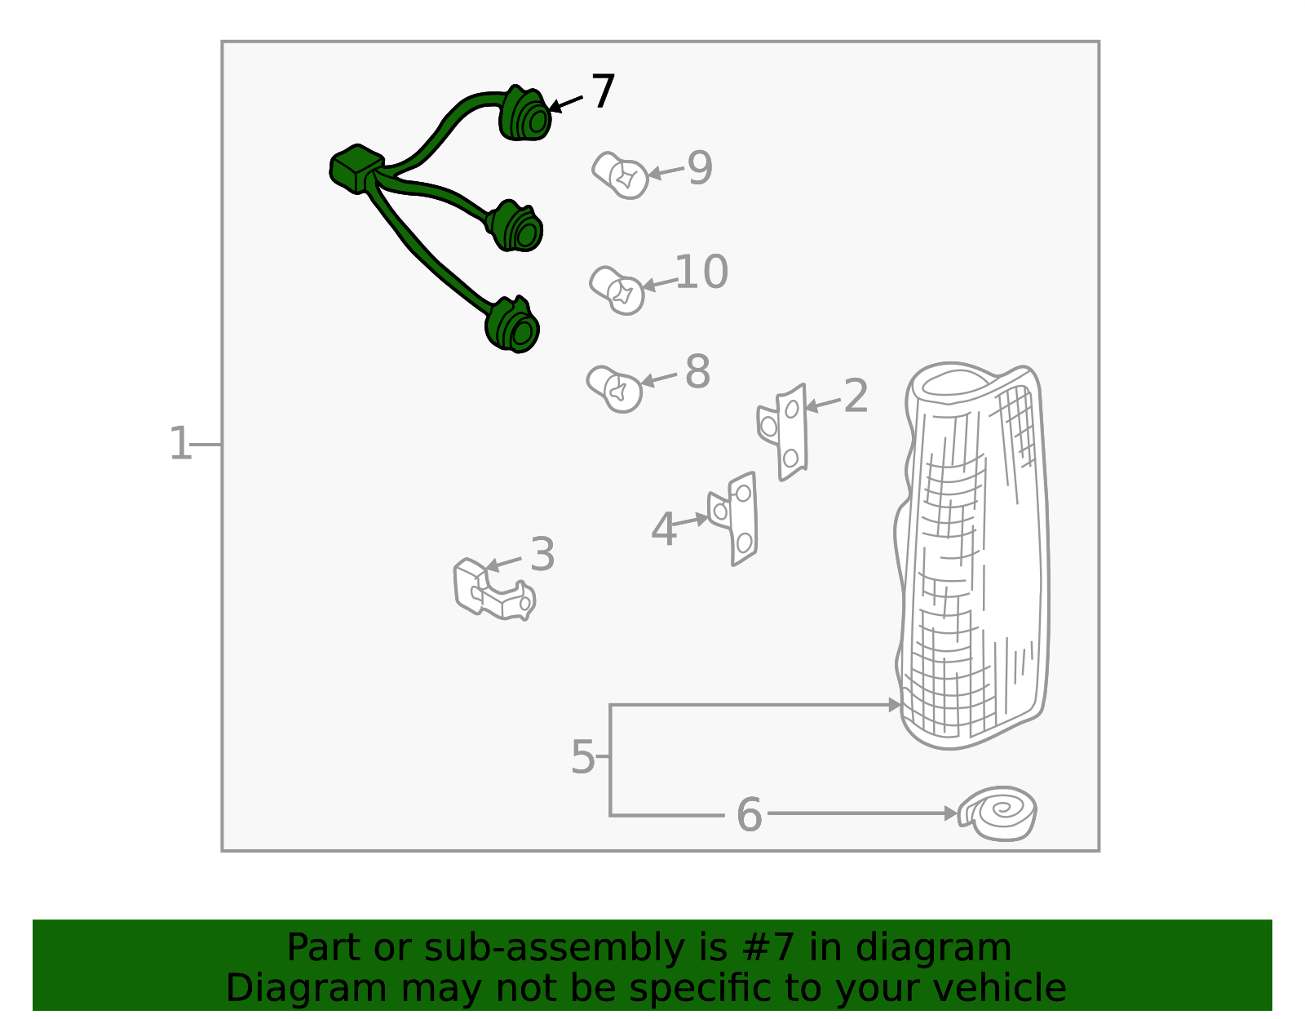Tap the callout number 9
click(700, 168)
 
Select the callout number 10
click(701, 272)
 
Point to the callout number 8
click(697, 372)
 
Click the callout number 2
click(856, 396)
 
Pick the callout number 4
click(664, 529)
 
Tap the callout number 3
click(542, 554)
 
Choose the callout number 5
click(582, 757)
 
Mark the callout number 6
click(749, 815)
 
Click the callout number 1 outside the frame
click(180, 444)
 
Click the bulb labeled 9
click(620, 175)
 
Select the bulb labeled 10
click(616, 290)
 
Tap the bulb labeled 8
click(614, 389)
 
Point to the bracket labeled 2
click(782, 432)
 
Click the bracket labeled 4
click(733, 519)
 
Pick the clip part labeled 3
click(493, 589)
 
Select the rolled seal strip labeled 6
click(998, 813)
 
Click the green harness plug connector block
click(356, 169)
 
